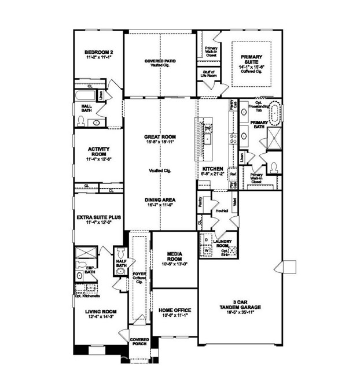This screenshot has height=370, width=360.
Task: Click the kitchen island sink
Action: pyautogui.click(x=207, y=139)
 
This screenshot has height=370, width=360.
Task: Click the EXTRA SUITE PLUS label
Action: pyautogui.click(x=98, y=219)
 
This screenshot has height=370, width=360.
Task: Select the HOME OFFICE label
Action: pyautogui.click(x=174, y=313)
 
